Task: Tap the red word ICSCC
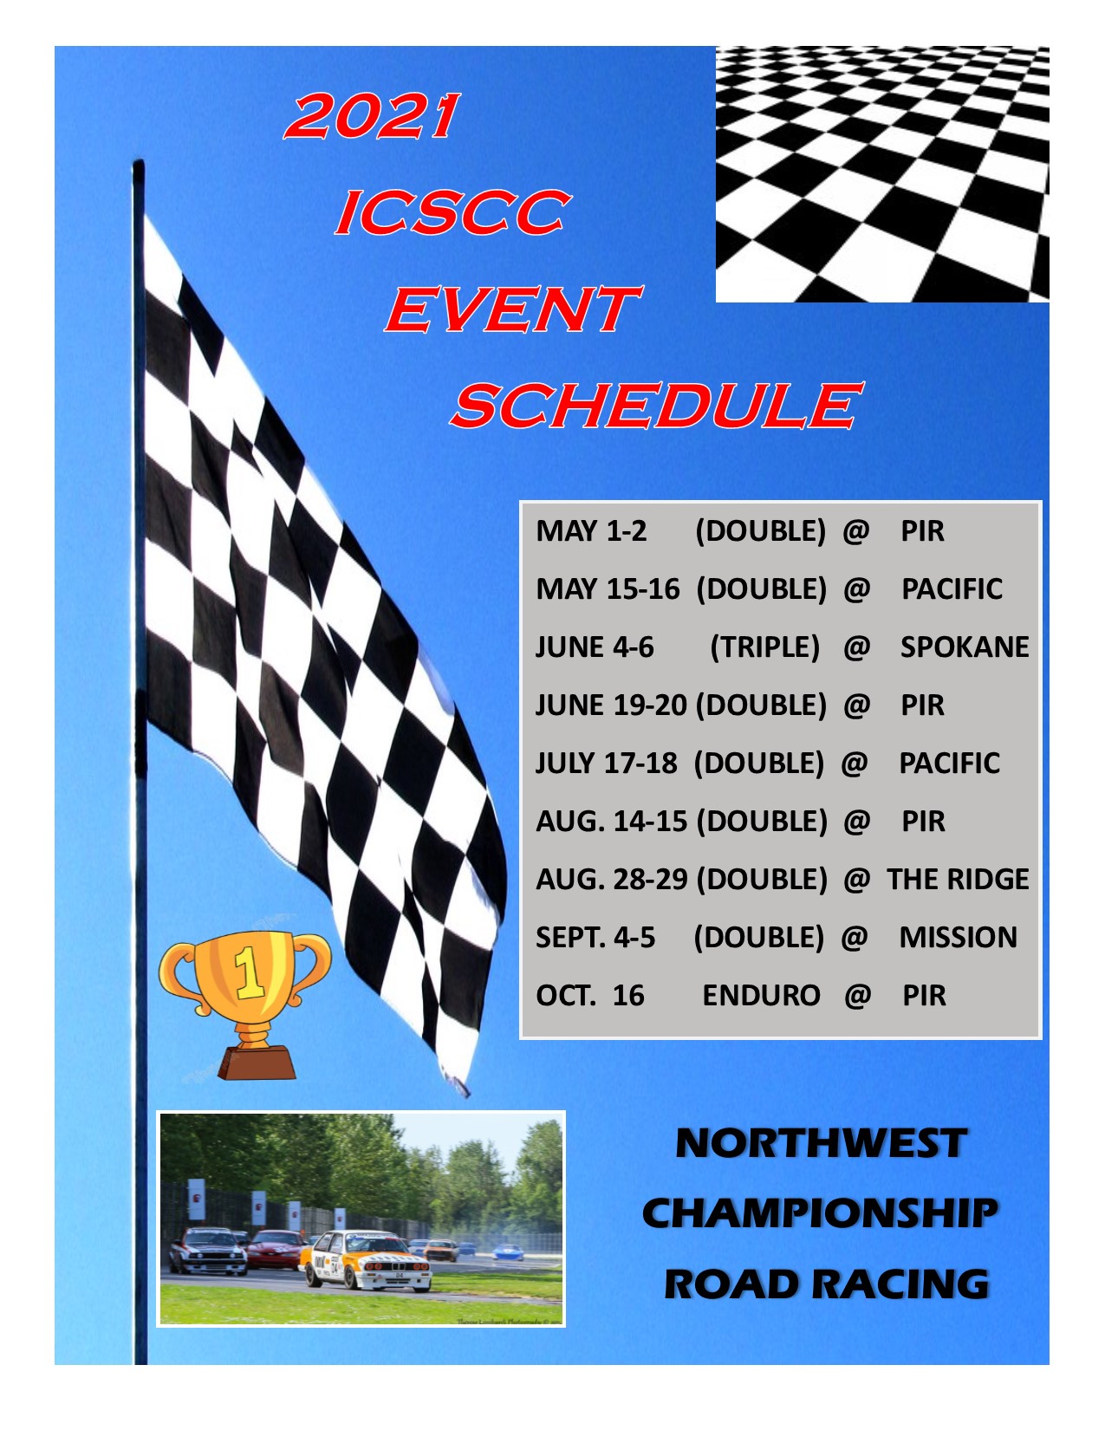click(452, 213)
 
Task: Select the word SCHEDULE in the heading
click(655, 406)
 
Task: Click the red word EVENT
click(511, 309)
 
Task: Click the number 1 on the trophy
click(250, 972)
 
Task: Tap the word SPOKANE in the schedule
click(964, 647)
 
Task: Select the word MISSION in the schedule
click(958, 938)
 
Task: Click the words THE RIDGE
click(958, 880)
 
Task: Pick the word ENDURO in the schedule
click(761, 996)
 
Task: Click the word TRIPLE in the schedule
click(764, 647)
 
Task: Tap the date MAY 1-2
click(591, 531)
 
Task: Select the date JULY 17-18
click(606, 764)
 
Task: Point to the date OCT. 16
click(590, 996)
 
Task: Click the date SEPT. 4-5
click(595, 938)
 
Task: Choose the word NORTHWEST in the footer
click(820, 1144)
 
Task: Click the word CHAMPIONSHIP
click(820, 1213)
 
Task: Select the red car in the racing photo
click(276, 1249)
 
